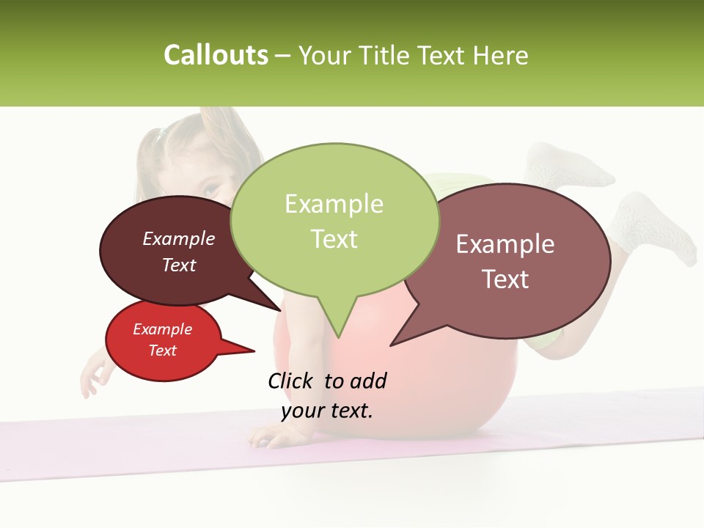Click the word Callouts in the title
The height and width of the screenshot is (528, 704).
point(216,55)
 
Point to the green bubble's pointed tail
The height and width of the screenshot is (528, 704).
point(337,323)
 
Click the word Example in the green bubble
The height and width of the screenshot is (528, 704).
point(334,204)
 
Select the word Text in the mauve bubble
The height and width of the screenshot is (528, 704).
point(505,279)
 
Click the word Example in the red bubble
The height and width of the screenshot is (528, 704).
point(162,329)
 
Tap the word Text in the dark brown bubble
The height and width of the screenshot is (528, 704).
point(179,265)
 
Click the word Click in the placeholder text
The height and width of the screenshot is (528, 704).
point(291,381)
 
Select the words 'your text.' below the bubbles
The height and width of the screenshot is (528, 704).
point(327,411)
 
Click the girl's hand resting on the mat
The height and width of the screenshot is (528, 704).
point(273,436)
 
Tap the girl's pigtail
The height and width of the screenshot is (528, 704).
point(150,158)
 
